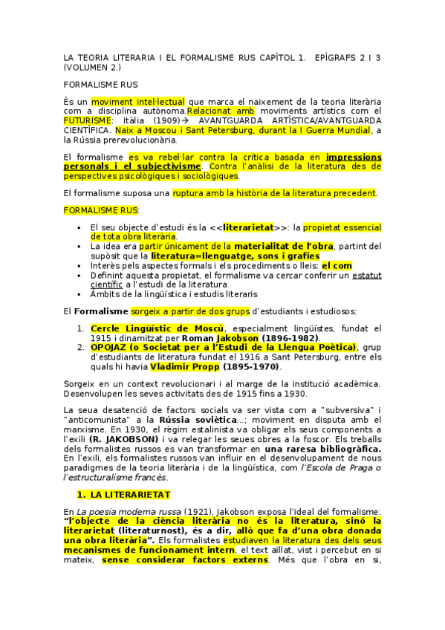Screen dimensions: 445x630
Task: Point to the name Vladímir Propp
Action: point(179,366)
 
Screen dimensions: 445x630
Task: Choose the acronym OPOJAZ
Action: point(111,347)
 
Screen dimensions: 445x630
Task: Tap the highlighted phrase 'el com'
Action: point(337,265)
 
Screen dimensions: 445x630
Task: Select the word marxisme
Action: point(84,429)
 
